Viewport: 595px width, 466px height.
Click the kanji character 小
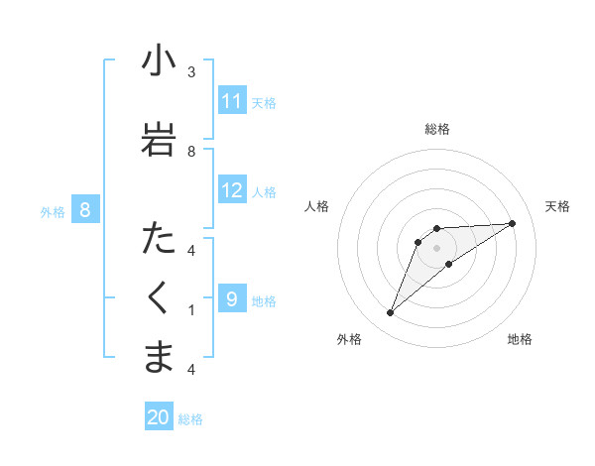(x=159, y=61)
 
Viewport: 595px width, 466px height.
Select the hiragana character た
(x=159, y=238)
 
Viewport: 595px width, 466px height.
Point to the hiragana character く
(x=159, y=297)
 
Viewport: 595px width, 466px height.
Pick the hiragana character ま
(x=159, y=357)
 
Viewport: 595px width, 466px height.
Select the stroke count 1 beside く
(x=191, y=309)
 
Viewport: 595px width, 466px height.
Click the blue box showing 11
(x=232, y=101)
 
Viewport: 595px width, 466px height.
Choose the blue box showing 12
(x=232, y=190)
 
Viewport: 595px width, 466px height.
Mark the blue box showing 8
(x=85, y=210)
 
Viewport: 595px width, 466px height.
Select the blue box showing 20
(x=159, y=417)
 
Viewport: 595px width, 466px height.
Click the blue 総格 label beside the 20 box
(x=190, y=419)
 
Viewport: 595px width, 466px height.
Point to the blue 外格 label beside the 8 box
(x=53, y=211)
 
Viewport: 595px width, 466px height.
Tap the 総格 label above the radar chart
(x=437, y=129)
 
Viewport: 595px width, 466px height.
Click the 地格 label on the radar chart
(x=520, y=339)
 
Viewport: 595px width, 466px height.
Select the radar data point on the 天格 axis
(x=513, y=223)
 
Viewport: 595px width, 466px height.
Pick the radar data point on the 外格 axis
(x=390, y=313)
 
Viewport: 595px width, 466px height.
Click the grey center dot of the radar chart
(x=437, y=248)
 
